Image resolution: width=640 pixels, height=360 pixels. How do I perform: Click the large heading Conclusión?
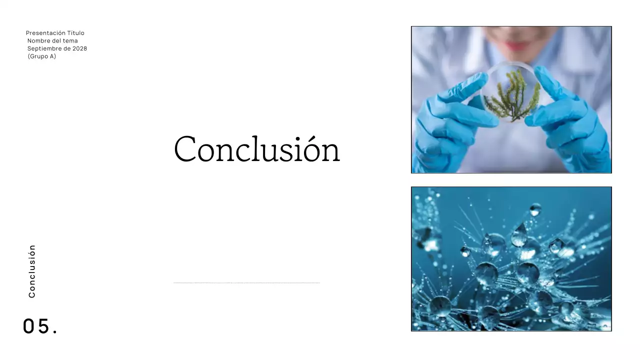point(256,149)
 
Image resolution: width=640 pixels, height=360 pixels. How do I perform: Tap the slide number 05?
point(40,326)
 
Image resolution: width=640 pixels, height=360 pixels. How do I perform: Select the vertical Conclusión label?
point(32,271)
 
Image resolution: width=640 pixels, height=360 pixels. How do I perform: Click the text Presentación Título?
point(55,33)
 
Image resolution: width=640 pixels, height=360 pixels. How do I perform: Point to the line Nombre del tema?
point(52,40)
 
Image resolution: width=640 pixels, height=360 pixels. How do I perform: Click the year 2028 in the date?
point(79,48)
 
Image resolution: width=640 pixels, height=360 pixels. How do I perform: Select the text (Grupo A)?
point(42,56)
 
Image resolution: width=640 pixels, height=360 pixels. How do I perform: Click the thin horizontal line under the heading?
point(246,283)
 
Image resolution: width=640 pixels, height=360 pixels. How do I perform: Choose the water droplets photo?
point(511,259)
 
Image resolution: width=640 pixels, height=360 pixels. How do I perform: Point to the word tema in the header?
point(70,40)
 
